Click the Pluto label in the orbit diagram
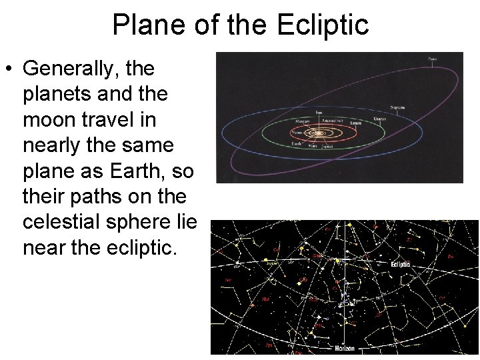[432, 60]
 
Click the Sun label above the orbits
[319, 112]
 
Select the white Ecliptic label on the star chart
[401, 265]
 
